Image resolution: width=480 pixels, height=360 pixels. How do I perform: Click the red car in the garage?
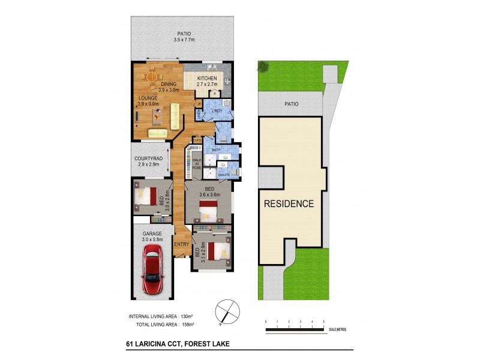(153, 271)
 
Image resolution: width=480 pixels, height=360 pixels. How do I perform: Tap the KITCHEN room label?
(207, 79)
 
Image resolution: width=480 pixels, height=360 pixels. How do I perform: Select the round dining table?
(152, 77)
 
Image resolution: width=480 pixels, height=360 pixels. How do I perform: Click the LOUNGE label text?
(148, 98)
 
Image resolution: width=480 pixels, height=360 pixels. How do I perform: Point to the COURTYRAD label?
(148, 158)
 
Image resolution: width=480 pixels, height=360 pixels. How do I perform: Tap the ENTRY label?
(181, 244)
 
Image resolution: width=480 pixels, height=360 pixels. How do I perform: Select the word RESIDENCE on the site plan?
(289, 203)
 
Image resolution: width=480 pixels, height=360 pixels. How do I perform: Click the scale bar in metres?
(295, 329)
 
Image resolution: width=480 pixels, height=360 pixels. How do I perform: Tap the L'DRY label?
(217, 111)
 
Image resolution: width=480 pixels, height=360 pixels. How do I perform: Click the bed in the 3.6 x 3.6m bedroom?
(208, 210)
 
